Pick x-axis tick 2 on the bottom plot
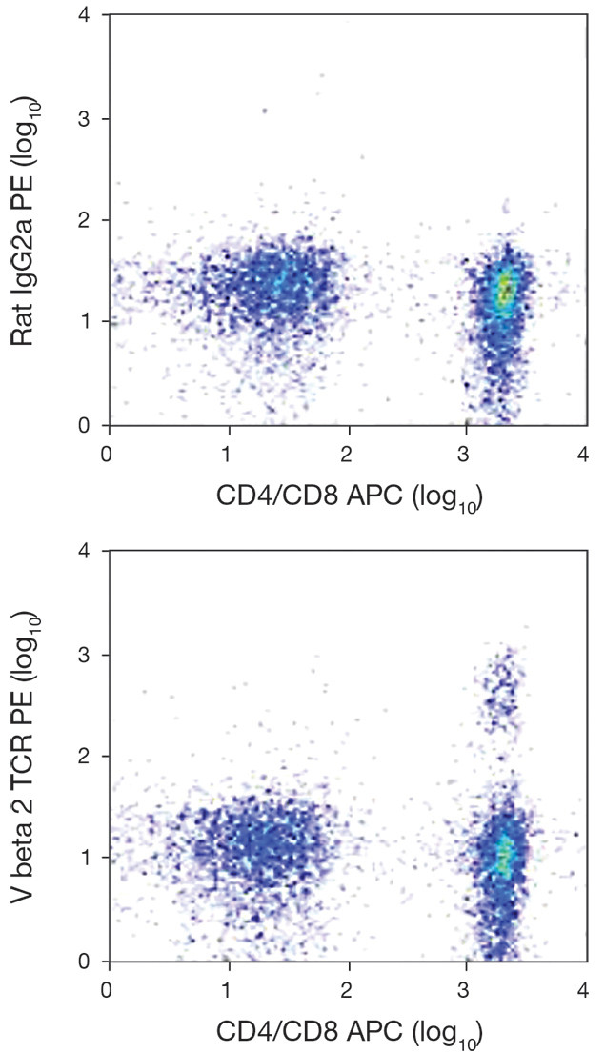click(348, 987)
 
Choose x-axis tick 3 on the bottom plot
click(466, 987)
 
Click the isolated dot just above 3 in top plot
click(265, 111)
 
